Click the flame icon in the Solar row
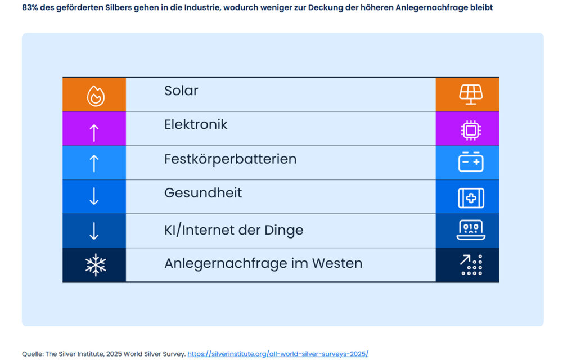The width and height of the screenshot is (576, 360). (x=95, y=96)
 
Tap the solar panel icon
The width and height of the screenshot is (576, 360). (x=471, y=94)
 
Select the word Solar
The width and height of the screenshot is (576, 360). (x=181, y=91)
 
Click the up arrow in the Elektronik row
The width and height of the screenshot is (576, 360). (x=94, y=132)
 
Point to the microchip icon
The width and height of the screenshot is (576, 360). (x=471, y=130)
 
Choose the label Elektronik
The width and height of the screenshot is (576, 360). (x=196, y=124)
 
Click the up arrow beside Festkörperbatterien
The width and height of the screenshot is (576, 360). (x=94, y=163)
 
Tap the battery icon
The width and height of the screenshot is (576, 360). (x=471, y=163)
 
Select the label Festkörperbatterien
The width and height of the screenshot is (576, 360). (x=230, y=159)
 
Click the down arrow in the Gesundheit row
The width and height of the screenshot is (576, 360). (x=94, y=196)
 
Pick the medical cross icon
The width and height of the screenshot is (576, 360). (x=471, y=198)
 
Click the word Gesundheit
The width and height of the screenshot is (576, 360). (x=203, y=193)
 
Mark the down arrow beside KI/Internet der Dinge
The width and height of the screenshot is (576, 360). (x=94, y=231)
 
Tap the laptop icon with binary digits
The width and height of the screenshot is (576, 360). (x=471, y=229)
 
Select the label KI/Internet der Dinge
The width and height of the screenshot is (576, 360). (x=233, y=230)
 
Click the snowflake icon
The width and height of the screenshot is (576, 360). (x=95, y=265)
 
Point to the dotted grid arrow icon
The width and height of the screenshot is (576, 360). (x=471, y=264)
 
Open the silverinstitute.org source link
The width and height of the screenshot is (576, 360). (x=278, y=354)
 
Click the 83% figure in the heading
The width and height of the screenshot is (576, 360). (x=30, y=8)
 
